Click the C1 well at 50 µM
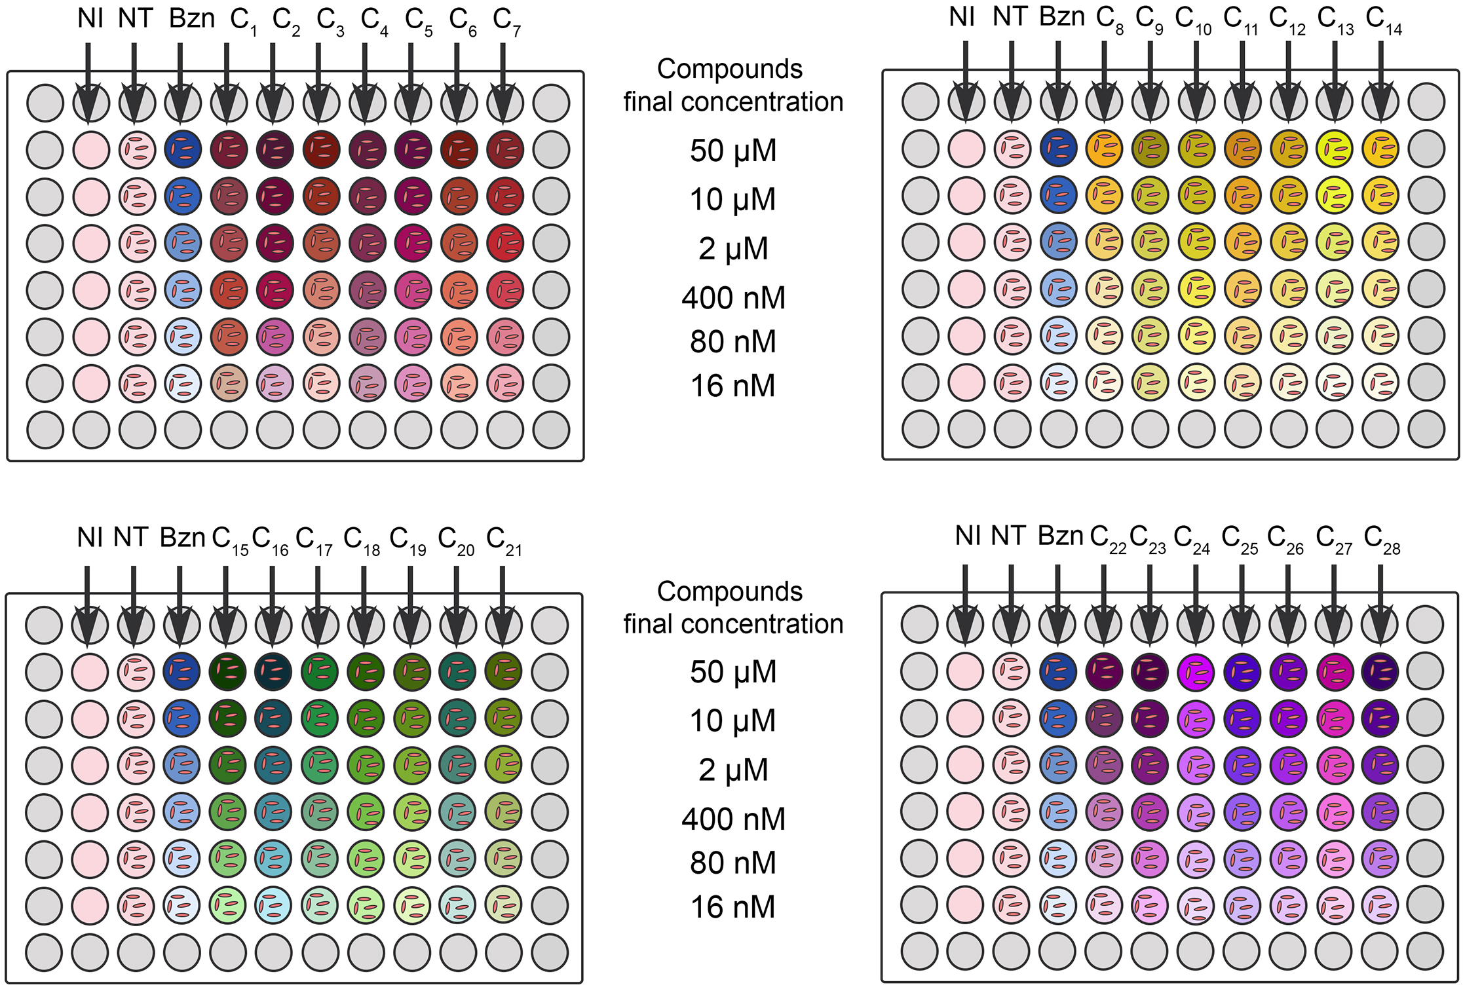[229, 149]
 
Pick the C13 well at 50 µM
[1335, 148]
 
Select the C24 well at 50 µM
[1196, 671]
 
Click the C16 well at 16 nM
[273, 905]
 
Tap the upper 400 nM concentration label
[733, 298]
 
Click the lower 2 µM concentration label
[733, 770]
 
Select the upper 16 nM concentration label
[733, 386]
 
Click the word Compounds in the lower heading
[730, 591]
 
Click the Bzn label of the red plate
[191, 18]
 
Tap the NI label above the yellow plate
[962, 17]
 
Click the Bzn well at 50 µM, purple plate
[1057, 671]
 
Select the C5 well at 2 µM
[413, 243]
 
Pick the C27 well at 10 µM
[1334, 718]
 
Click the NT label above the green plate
[131, 538]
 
